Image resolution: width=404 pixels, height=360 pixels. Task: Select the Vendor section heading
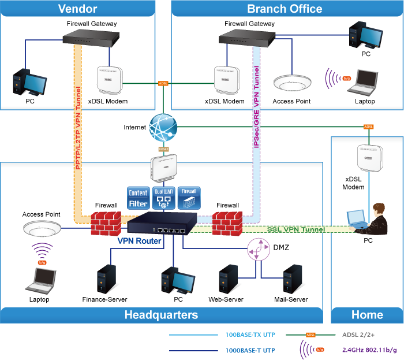(x=78, y=9)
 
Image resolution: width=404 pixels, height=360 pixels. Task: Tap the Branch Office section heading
(x=285, y=9)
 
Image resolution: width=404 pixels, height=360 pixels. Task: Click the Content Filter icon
(x=138, y=197)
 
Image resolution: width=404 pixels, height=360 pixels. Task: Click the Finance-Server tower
(x=104, y=279)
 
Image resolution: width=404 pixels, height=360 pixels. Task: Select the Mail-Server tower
(x=291, y=279)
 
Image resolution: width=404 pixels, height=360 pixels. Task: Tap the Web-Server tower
(x=227, y=279)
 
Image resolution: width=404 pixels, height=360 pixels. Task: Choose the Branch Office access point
(x=291, y=83)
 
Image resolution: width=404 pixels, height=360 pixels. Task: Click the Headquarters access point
(x=42, y=229)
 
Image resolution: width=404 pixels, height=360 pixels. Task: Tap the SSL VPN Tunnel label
(x=296, y=229)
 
